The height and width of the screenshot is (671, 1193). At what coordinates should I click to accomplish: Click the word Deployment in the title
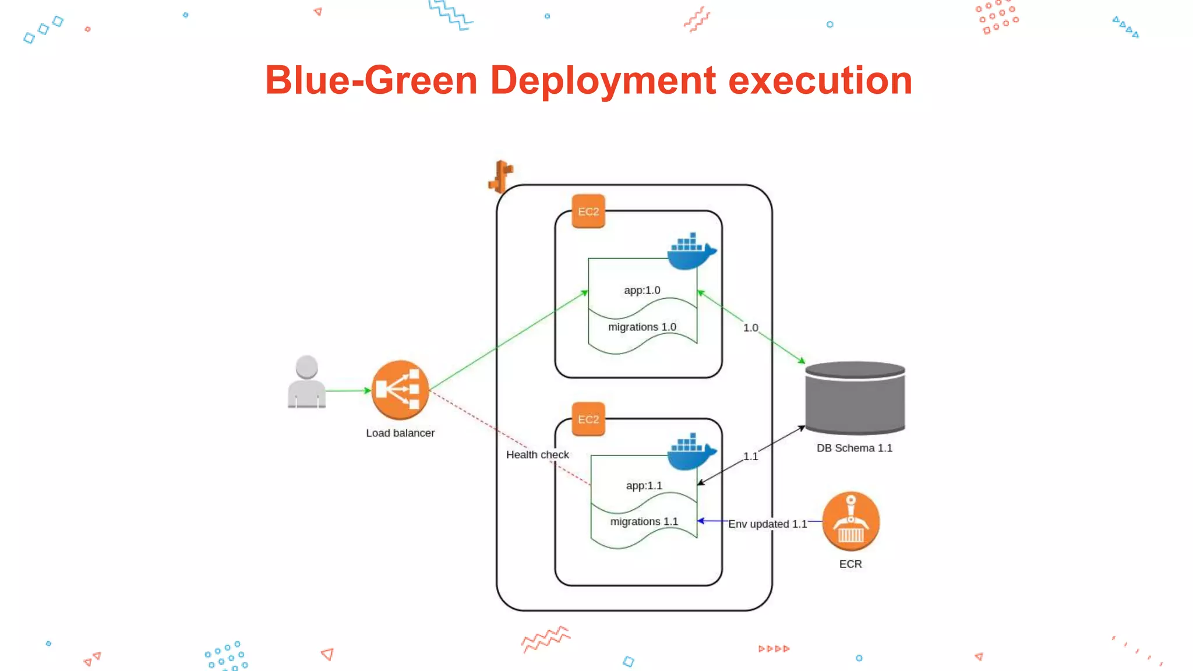[x=602, y=80]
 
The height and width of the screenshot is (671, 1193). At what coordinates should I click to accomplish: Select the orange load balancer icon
[x=400, y=390]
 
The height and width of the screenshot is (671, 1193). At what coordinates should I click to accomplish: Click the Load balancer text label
[x=400, y=433]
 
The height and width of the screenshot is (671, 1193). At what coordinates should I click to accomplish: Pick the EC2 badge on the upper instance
[x=588, y=211]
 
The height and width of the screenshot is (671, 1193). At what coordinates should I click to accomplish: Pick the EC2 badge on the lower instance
[x=588, y=419]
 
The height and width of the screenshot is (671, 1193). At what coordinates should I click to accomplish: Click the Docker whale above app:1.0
[x=691, y=251]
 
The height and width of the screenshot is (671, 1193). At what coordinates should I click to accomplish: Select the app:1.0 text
[x=642, y=290]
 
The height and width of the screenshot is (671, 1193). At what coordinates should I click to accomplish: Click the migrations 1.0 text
[x=642, y=327]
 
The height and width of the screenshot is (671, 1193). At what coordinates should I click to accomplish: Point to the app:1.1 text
[x=644, y=485]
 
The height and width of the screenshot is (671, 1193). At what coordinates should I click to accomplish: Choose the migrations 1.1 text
[x=644, y=521]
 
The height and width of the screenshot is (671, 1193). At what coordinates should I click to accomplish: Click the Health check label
[x=537, y=454]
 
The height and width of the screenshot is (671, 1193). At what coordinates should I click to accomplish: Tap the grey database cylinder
[x=855, y=398]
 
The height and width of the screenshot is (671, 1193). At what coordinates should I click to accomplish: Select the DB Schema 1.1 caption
[x=854, y=448]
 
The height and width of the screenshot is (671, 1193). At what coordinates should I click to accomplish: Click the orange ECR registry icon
[x=850, y=521]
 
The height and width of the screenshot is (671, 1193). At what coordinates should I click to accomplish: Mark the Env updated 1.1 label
[x=767, y=524]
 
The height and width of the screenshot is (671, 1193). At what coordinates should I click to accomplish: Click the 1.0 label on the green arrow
[x=750, y=328]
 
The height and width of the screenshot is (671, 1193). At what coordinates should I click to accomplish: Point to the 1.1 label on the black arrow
[x=750, y=456]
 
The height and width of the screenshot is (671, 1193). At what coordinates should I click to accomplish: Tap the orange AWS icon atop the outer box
[x=500, y=176]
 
